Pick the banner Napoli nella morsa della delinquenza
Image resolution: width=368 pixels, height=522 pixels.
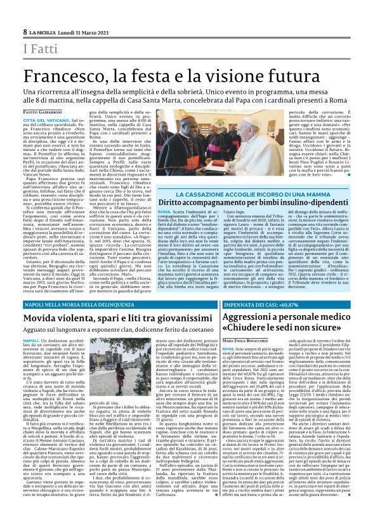click(80, 304)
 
